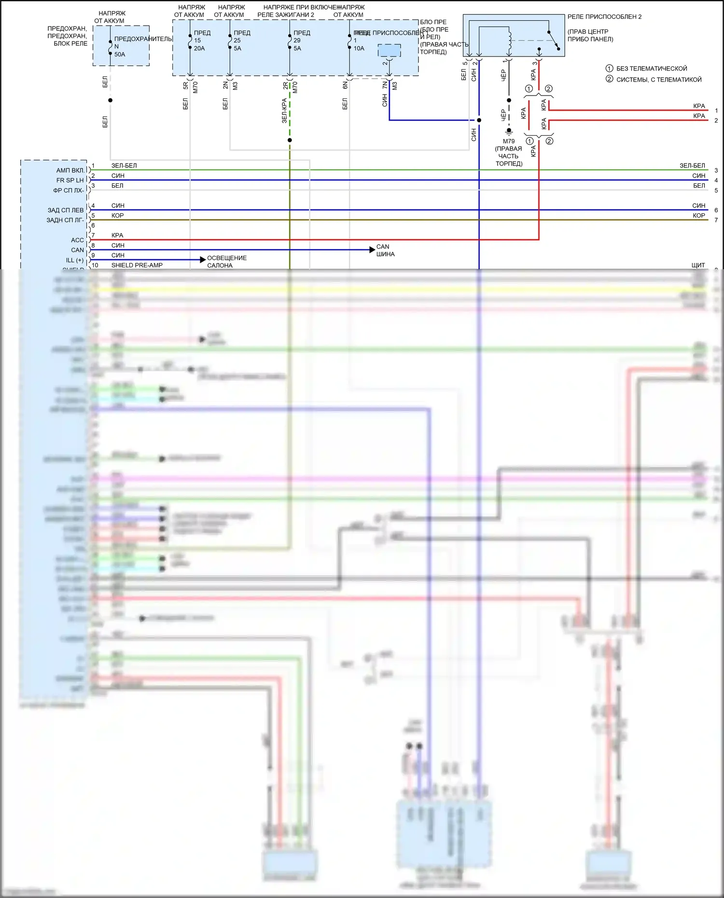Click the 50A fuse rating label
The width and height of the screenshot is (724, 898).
coord(119,55)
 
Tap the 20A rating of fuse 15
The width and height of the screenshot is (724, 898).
coord(199,48)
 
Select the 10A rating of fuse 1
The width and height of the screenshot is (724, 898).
coord(359,48)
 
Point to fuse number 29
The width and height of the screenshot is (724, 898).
coord(297,41)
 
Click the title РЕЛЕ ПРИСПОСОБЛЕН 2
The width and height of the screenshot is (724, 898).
coord(604,17)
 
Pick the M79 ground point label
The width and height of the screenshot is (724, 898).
coord(509,141)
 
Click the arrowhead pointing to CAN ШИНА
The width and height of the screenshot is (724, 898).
coord(372,249)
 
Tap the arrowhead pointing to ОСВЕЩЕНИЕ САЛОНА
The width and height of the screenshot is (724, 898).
coord(203,260)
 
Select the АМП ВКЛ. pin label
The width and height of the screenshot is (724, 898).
coord(70,170)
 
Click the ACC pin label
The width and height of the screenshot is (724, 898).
coord(77,240)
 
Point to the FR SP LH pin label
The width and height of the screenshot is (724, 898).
coord(70,180)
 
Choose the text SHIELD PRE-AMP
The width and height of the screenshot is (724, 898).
coord(137,265)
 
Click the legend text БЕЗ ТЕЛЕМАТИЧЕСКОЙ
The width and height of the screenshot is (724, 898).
coord(652,69)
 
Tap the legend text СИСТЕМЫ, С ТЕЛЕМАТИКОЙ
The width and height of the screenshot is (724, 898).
coord(659,80)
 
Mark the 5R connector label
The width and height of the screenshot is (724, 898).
coord(186,85)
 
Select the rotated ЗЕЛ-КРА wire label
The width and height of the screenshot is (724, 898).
coord(284,111)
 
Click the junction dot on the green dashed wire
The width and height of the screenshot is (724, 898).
coord(290,140)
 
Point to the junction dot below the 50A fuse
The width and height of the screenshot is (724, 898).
coord(111,100)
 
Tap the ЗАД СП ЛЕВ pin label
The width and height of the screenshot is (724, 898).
coord(66,210)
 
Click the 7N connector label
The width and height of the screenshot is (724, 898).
coord(385,85)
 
